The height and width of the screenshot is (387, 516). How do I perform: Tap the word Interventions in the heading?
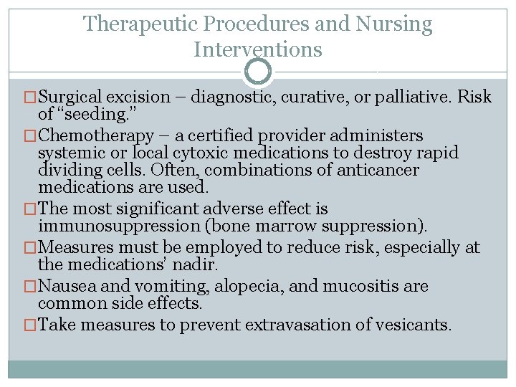click(258, 49)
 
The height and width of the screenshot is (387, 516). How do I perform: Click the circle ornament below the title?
click(258, 72)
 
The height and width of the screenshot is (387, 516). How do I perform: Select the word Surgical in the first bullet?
click(71, 97)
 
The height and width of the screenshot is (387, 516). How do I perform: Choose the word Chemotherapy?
click(95, 135)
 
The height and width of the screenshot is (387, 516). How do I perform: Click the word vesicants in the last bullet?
click(419, 325)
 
